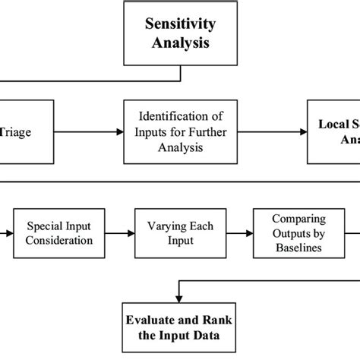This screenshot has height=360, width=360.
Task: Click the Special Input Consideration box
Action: click(x=60, y=233)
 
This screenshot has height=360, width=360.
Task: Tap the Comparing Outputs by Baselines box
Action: click(x=288, y=233)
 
